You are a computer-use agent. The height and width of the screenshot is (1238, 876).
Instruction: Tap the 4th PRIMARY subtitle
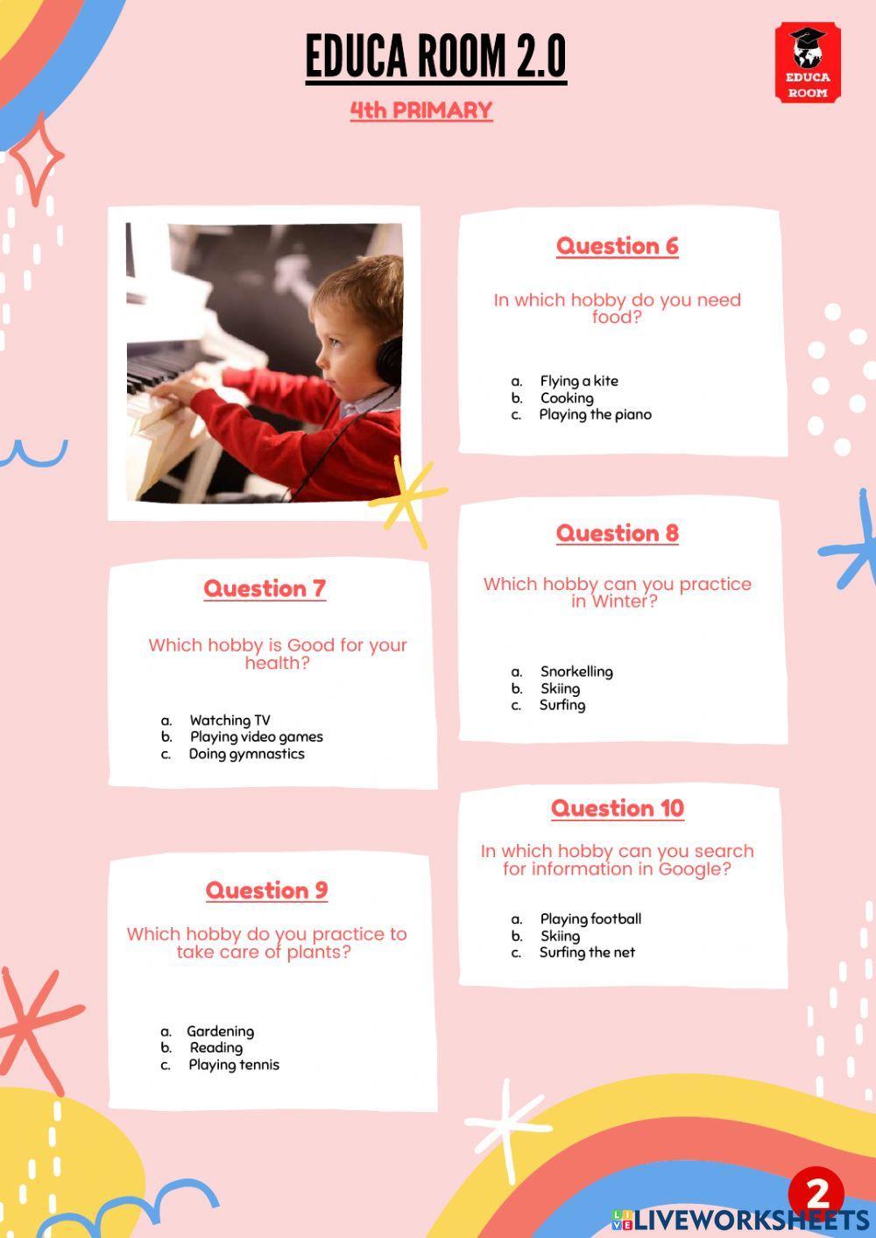(421, 110)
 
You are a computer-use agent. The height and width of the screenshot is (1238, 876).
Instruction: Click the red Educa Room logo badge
(808, 63)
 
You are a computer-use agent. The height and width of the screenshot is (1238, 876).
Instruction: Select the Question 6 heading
(618, 246)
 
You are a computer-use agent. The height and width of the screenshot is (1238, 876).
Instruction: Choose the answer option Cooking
(567, 397)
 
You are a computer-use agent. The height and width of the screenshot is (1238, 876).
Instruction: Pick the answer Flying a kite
(579, 381)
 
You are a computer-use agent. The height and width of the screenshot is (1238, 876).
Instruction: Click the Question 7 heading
(265, 588)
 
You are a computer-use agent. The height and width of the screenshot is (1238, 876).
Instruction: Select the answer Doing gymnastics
(247, 754)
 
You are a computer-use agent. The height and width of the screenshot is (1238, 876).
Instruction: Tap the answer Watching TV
(230, 721)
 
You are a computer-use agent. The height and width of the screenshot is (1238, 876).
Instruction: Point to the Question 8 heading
(618, 533)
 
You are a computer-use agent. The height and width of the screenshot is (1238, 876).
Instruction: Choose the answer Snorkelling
(576, 672)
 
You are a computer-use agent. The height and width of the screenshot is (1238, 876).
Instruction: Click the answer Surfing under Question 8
(562, 705)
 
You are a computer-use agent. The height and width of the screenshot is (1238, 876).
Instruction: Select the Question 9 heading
(266, 890)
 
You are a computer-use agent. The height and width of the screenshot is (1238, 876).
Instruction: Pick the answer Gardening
(220, 1031)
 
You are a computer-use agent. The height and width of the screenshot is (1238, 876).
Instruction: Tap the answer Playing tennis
(234, 1065)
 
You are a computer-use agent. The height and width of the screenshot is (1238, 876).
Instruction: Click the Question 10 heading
(618, 808)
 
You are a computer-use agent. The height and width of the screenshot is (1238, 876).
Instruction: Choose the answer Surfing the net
(587, 953)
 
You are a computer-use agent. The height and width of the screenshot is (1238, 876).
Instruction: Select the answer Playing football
(590, 918)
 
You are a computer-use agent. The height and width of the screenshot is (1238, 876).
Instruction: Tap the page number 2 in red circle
(816, 1192)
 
